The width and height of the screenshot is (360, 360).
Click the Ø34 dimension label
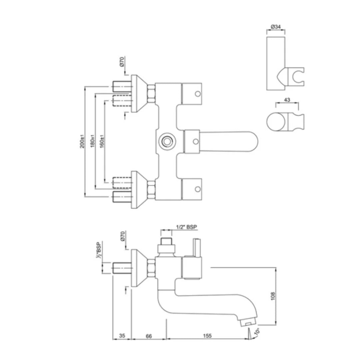275,26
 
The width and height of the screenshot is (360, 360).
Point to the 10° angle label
257,332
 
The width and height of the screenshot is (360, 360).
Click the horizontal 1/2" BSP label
186,227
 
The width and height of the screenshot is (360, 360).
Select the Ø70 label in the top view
122,62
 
